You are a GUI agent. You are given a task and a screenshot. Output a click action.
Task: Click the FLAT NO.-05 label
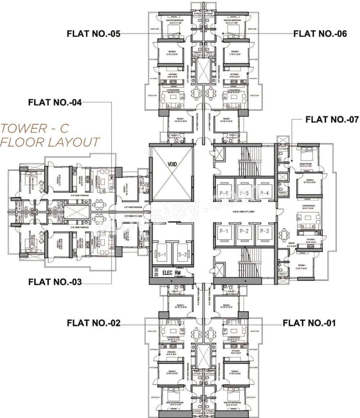coord(93,34)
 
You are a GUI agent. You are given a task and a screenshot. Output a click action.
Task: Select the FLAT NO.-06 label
coord(320,34)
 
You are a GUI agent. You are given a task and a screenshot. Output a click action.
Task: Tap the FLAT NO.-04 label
coord(55,103)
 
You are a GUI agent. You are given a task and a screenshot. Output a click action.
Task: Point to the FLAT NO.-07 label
coord(332,119)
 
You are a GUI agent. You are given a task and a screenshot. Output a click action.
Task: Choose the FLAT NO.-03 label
coord(55,282)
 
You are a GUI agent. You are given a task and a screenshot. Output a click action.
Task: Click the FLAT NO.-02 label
coord(93,323)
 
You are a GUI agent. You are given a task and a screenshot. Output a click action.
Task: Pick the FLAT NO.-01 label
coord(309,323)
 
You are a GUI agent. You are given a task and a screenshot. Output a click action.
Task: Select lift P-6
coord(224,193)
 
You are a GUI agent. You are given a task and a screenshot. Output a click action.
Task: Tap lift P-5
coord(244,193)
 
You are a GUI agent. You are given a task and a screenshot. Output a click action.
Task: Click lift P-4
coord(264,193)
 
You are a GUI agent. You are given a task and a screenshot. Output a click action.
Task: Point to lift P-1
coord(224,231)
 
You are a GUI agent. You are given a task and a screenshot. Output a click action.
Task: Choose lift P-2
coord(244,231)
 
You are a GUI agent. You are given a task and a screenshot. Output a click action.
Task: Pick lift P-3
coord(264,231)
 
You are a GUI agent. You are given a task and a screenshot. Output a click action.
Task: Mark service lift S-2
coord(181,256)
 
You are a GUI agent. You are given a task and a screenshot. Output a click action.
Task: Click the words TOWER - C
coord(34,128)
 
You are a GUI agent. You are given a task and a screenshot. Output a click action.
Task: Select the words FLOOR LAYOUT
coord(50,142)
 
